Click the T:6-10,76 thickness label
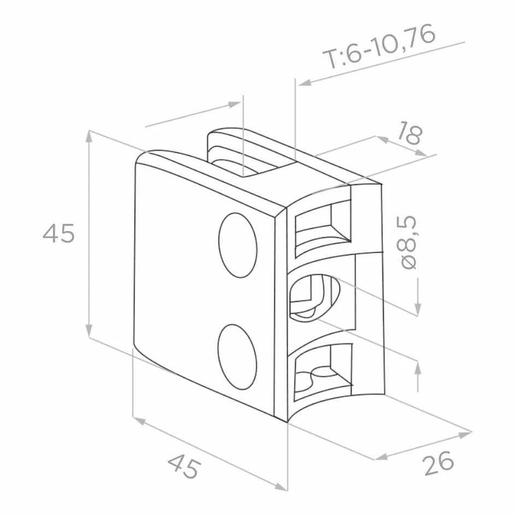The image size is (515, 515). (x=380, y=45)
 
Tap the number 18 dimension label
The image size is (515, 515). (x=410, y=133)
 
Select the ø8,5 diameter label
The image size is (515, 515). (x=409, y=242)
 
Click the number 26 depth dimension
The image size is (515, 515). (x=439, y=463)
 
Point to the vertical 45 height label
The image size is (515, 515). (x=59, y=233)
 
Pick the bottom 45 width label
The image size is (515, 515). (x=184, y=466)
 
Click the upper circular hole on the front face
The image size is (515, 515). (x=238, y=245)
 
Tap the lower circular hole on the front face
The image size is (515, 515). (x=237, y=357)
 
